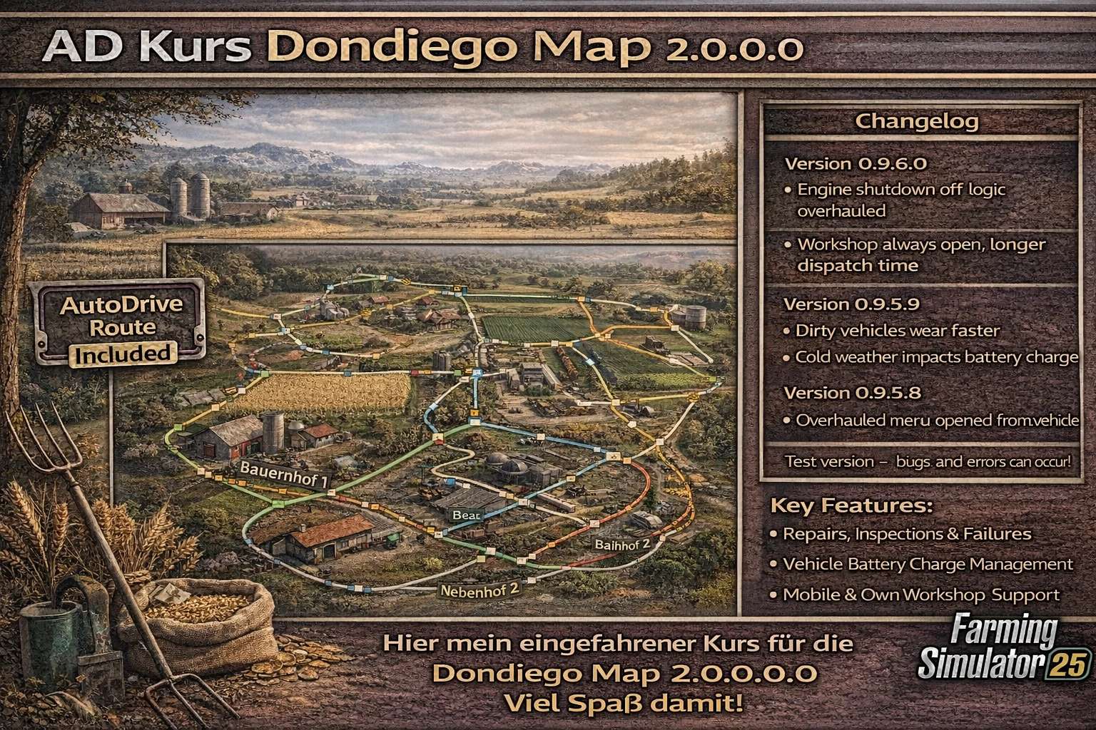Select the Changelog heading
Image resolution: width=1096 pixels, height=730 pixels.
(916, 121)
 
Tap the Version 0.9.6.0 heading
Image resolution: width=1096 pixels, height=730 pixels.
(856, 164)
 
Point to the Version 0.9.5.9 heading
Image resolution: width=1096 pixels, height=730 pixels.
(851, 304)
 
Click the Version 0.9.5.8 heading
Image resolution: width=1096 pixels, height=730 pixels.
(852, 393)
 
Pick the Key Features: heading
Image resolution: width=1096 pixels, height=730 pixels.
(852, 506)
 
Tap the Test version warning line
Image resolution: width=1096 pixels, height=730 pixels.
(927, 462)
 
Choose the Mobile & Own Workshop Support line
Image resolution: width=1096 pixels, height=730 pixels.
(920, 595)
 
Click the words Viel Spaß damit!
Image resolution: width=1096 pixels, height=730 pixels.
(623, 704)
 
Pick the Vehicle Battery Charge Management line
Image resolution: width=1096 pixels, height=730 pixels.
(928, 565)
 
